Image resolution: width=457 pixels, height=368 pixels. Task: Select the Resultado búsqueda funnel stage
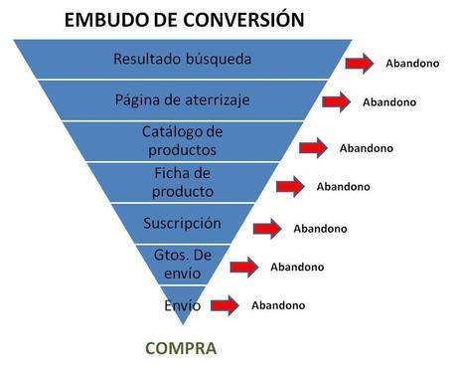[x=183, y=59]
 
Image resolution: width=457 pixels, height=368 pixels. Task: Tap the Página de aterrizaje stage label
[x=183, y=99]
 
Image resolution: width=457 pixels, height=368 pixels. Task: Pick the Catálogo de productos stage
[x=183, y=140]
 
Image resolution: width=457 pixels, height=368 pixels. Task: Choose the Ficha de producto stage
[x=183, y=182]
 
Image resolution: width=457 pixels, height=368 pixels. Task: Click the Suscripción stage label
[x=183, y=223]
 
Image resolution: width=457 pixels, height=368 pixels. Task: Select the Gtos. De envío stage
[x=183, y=264]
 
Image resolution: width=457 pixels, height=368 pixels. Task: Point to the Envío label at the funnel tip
[x=183, y=305]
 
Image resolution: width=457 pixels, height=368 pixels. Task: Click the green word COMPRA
[x=181, y=349]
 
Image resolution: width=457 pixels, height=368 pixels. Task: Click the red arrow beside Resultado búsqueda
[x=361, y=64]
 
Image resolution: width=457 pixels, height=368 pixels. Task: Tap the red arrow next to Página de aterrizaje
[x=338, y=102]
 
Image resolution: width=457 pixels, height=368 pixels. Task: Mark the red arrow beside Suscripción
[x=268, y=228]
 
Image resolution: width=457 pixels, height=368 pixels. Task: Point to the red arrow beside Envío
[x=224, y=305]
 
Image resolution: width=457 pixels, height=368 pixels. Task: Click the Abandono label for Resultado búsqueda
[x=412, y=64]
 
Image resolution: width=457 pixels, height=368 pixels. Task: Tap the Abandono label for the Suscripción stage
[x=320, y=229]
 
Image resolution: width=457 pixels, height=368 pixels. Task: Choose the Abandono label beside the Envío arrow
[x=278, y=305]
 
